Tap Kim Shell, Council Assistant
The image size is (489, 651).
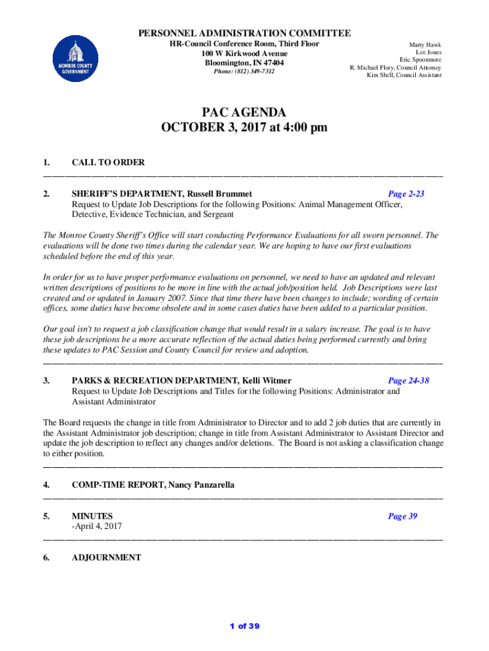tap(404, 75)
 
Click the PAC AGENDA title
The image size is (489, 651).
tap(244, 113)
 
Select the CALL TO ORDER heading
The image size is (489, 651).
tap(108, 163)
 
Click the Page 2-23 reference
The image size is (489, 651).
tap(406, 194)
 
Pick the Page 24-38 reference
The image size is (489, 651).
tap(408, 381)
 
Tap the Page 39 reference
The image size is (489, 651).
tap(403, 516)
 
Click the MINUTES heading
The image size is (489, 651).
tap(92, 516)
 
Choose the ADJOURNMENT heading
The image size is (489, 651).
tap(106, 558)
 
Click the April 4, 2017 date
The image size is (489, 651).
tap(98, 526)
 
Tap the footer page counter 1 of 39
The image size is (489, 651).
tap(245, 626)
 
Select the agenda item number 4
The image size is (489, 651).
tap(46, 485)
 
